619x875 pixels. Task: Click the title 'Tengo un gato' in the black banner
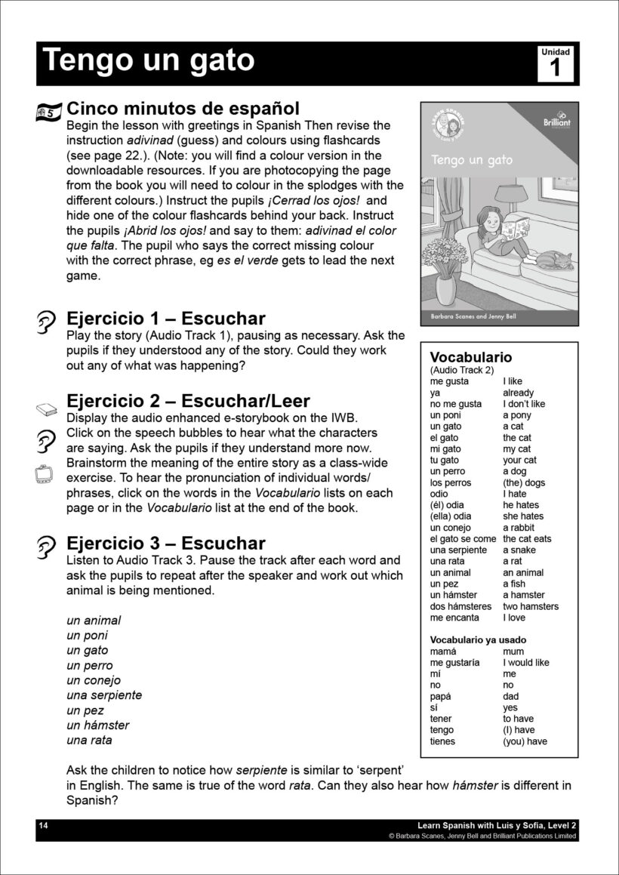coord(149,61)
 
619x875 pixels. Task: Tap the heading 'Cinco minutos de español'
coord(183,109)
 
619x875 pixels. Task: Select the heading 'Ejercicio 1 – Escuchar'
coord(166,319)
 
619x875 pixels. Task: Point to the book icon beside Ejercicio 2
coord(47,410)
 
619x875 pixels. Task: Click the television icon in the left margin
coord(44,473)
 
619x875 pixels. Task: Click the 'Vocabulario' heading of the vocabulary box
coord(470,357)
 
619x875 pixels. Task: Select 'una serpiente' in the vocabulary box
coord(459,550)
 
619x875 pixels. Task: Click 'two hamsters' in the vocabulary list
coord(531,606)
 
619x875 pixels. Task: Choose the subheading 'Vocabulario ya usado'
coord(478,640)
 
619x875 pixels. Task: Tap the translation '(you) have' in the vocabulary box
coord(525,741)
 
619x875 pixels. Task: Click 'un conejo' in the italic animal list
coord(94,680)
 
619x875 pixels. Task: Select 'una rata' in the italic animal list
coord(89,740)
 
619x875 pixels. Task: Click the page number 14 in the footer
coord(43,827)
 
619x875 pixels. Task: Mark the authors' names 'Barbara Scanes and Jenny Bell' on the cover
coord(469,318)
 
